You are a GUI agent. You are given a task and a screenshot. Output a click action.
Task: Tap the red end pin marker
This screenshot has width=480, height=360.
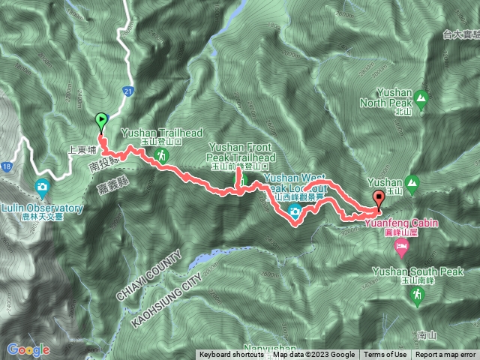[378, 199]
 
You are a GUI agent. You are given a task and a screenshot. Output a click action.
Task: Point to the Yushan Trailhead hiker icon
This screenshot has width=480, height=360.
[160, 156]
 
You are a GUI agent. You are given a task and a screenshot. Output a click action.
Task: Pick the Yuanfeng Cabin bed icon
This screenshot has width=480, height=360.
[402, 247]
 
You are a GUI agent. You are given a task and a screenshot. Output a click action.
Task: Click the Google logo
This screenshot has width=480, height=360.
[28, 349]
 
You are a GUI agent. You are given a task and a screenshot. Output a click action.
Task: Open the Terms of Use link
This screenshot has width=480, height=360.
[385, 355]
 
